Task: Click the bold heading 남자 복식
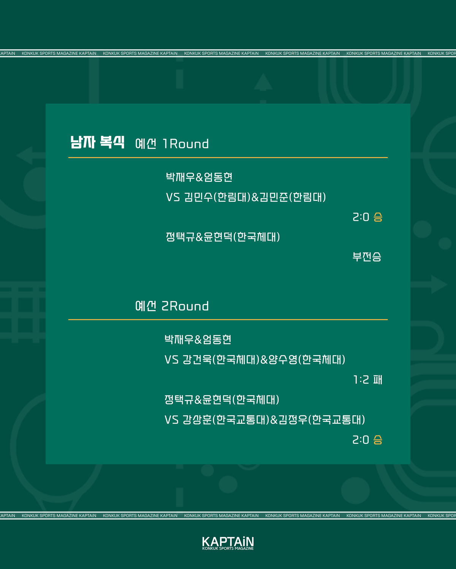coord(97,142)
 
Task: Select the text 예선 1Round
coord(172,144)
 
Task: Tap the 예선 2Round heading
coord(172,306)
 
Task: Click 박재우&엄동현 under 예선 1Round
coord(199,177)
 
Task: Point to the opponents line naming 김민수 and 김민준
coord(246,197)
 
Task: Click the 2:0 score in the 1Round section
coord(361,217)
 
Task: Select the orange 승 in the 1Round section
coord(378,217)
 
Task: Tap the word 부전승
coord(367,257)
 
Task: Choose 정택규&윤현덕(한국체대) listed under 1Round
coord(223,237)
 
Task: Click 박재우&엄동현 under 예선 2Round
coord(198,340)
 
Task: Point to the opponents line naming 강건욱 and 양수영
coord(255,360)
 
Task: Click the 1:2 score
coord(361,380)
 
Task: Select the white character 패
coord(378,380)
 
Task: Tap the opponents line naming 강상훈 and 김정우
coord(265,420)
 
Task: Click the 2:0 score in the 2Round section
coord(361,440)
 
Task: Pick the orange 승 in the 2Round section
coord(378,440)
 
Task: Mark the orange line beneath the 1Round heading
coord(228,157)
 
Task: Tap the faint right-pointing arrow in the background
coord(429,284)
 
